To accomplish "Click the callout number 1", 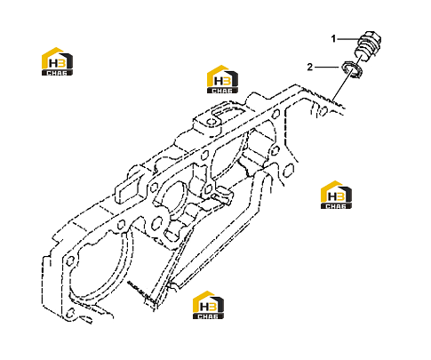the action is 333,39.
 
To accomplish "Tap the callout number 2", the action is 310,68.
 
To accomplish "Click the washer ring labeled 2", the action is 353,70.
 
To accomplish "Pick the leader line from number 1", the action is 348,39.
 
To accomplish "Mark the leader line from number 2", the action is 326,68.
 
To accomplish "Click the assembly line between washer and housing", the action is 343,86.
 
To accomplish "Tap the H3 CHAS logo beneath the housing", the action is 208,305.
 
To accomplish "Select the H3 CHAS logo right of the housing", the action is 336,195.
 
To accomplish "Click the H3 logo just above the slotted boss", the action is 222,79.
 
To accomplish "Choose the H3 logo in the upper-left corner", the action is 57,61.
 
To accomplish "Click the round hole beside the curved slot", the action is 212,122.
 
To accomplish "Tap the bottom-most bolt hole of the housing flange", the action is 70,313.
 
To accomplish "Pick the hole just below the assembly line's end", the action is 323,110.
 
